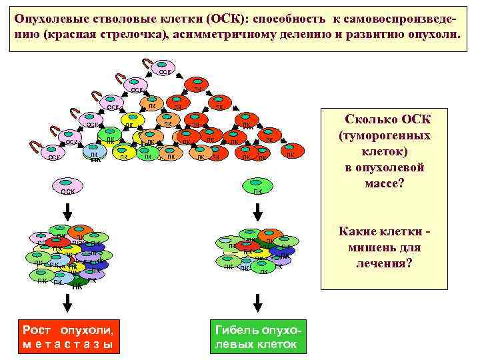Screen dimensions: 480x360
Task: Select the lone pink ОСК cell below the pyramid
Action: pos(67,189)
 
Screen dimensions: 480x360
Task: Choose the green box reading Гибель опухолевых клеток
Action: pos(257,337)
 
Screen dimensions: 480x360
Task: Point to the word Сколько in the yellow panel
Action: pos(370,120)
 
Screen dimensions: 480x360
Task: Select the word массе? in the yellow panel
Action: pos(385,181)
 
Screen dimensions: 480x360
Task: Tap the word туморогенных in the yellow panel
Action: pos(385,135)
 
